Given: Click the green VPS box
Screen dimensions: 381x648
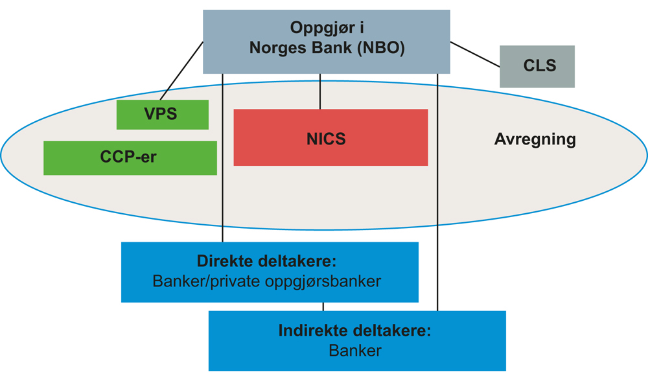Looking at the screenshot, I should point(162,115).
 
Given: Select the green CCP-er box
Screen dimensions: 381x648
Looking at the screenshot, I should point(130,157).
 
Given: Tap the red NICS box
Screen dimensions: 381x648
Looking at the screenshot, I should point(330,138).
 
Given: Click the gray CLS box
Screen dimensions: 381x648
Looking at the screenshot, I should point(537,66).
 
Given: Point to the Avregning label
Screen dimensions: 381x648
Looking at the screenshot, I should point(535,139).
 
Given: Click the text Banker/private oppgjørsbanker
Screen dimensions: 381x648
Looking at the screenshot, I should point(267,283).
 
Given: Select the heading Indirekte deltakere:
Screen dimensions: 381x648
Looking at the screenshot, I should point(354,331).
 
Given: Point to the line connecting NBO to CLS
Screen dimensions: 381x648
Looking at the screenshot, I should point(475,54).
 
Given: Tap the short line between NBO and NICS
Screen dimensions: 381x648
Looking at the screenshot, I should point(320,91).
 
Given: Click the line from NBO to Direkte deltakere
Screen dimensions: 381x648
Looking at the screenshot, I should point(222,194).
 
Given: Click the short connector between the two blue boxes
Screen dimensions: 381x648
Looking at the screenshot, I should point(323,306).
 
